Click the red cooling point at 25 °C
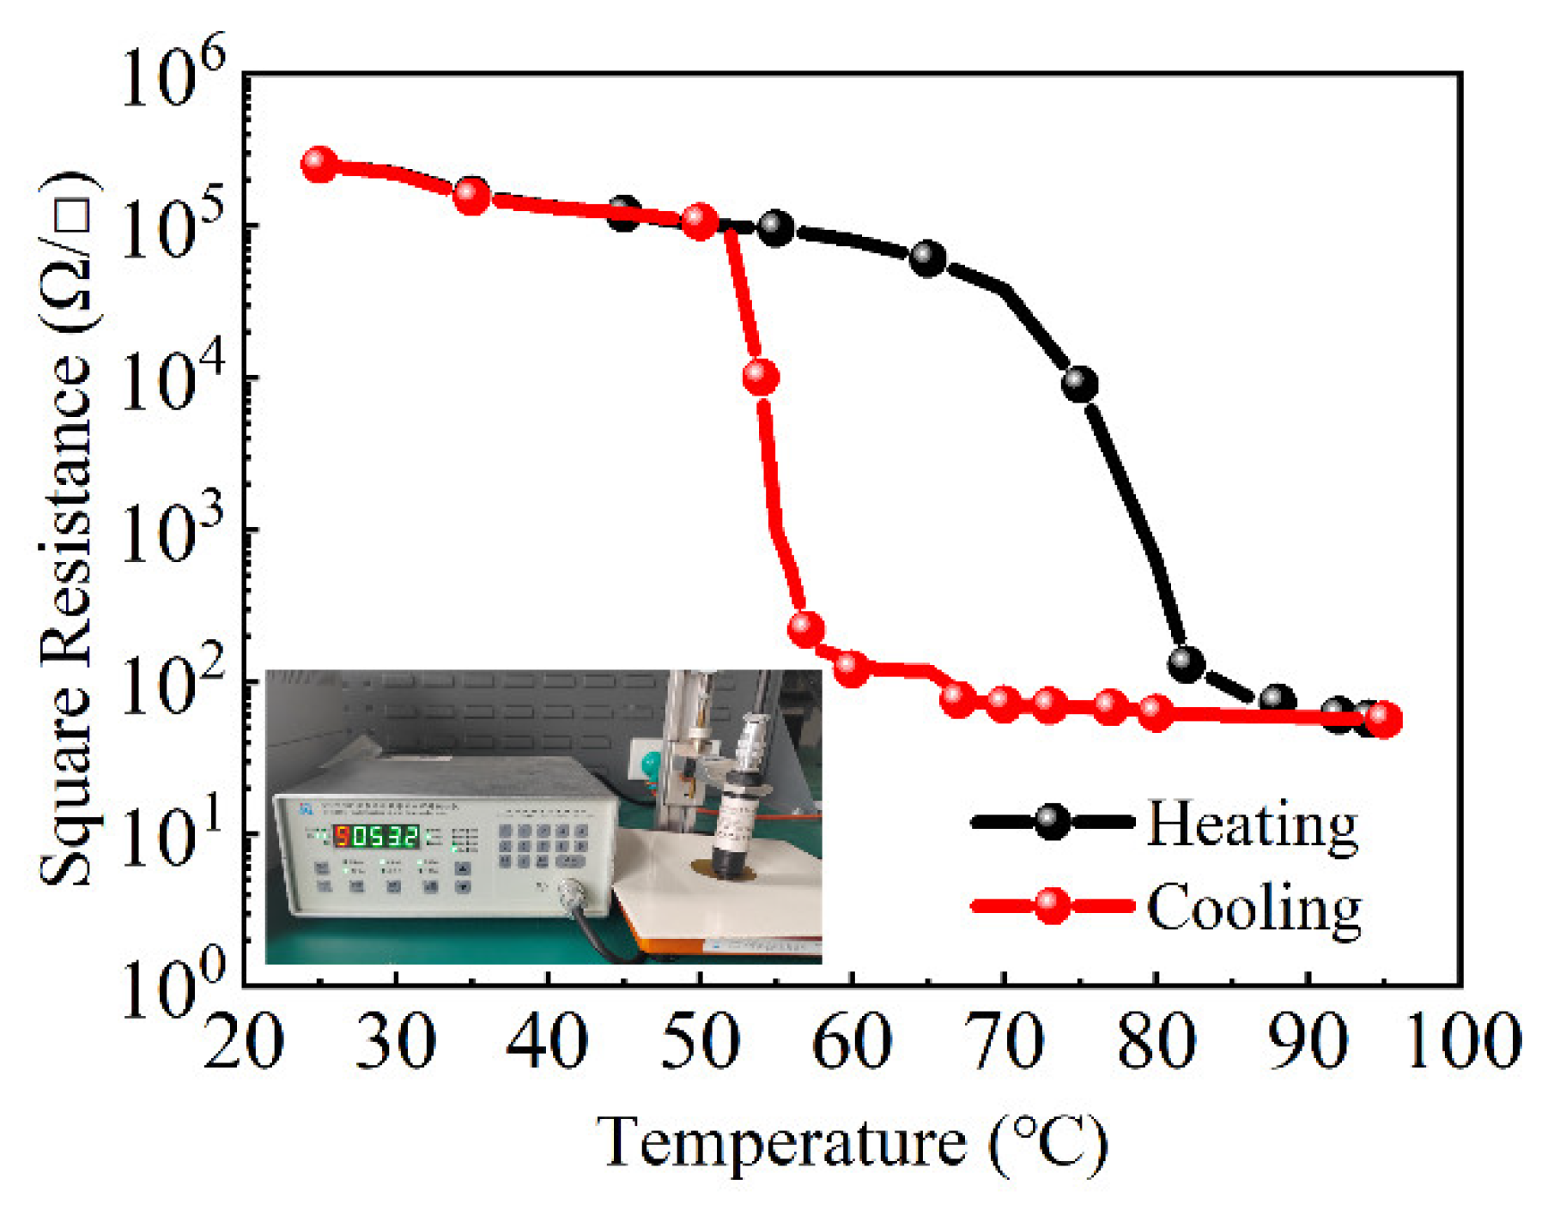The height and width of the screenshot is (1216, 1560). coord(319,164)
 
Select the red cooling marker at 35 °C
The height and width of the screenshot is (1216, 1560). coord(471,196)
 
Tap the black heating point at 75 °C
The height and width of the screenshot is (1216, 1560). coord(1079,384)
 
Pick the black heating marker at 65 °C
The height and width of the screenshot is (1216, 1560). coord(927,258)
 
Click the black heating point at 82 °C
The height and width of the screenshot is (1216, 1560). coord(1186,662)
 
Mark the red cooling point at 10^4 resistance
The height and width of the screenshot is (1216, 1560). coord(761,377)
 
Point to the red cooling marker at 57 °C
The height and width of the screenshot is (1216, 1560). coord(805,629)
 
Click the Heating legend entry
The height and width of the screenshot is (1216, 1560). coord(1252,824)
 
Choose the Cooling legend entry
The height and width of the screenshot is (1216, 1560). coord(1253,907)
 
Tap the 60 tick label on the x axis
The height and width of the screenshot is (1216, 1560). coord(851,1043)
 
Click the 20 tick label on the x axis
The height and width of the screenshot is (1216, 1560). coord(244,1043)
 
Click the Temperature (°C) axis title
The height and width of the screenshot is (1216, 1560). coord(852,1143)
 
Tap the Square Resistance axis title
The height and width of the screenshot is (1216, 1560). coord(67,528)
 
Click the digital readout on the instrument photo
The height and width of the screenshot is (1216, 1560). coord(376,836)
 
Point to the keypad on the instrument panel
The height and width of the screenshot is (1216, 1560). coord(543,845)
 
